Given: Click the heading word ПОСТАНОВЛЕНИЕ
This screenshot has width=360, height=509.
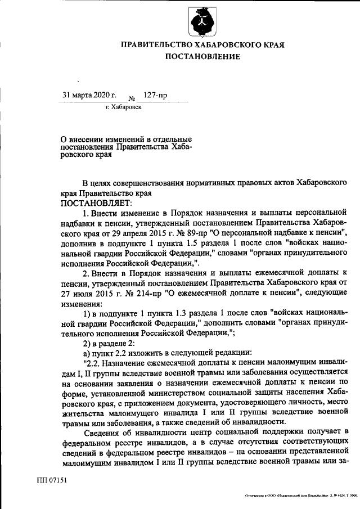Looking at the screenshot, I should point(202,56).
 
